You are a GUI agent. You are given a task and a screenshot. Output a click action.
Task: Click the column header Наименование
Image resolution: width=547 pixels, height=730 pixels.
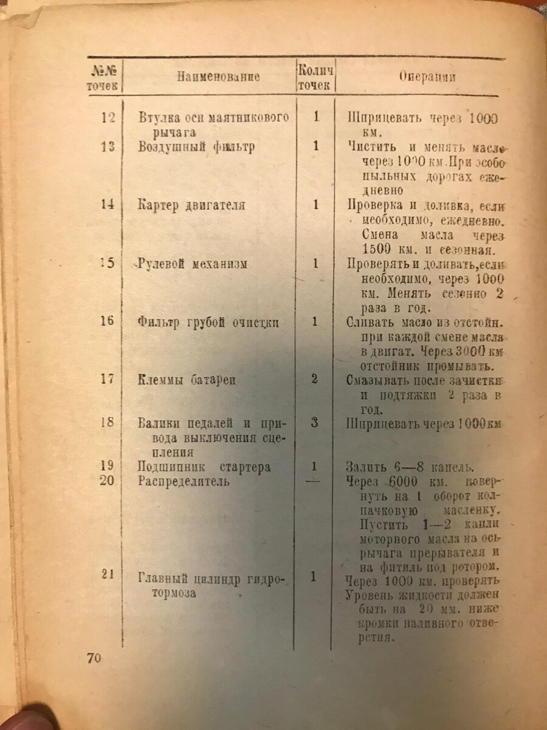point(219,77)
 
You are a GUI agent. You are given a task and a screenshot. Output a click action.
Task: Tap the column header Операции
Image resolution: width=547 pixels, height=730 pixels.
point(428,77)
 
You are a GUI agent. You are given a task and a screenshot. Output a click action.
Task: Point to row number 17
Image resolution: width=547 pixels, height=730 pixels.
point(108,379)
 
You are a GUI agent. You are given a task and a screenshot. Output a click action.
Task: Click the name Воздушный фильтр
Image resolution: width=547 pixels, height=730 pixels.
point(196,147)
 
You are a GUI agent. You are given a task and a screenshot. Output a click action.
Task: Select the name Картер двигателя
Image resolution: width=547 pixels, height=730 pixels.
point(191,205)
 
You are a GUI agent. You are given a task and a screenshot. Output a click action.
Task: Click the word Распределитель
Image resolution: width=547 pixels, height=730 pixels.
point(184,482)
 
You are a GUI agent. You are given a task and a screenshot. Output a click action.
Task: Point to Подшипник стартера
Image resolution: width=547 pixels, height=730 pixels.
point(204,467)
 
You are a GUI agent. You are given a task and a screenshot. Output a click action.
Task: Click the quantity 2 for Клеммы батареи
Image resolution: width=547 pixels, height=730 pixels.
point(315,379)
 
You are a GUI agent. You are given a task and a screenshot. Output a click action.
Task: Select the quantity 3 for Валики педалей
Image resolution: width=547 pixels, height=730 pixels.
point(315,422)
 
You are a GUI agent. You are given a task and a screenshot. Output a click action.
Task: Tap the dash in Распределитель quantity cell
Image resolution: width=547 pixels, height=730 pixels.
point(315,481)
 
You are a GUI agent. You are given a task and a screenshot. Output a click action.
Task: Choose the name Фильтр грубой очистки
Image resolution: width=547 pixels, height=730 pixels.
point(208,322)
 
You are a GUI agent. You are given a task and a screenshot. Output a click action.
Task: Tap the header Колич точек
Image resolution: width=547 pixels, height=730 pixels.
point(315,77)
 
